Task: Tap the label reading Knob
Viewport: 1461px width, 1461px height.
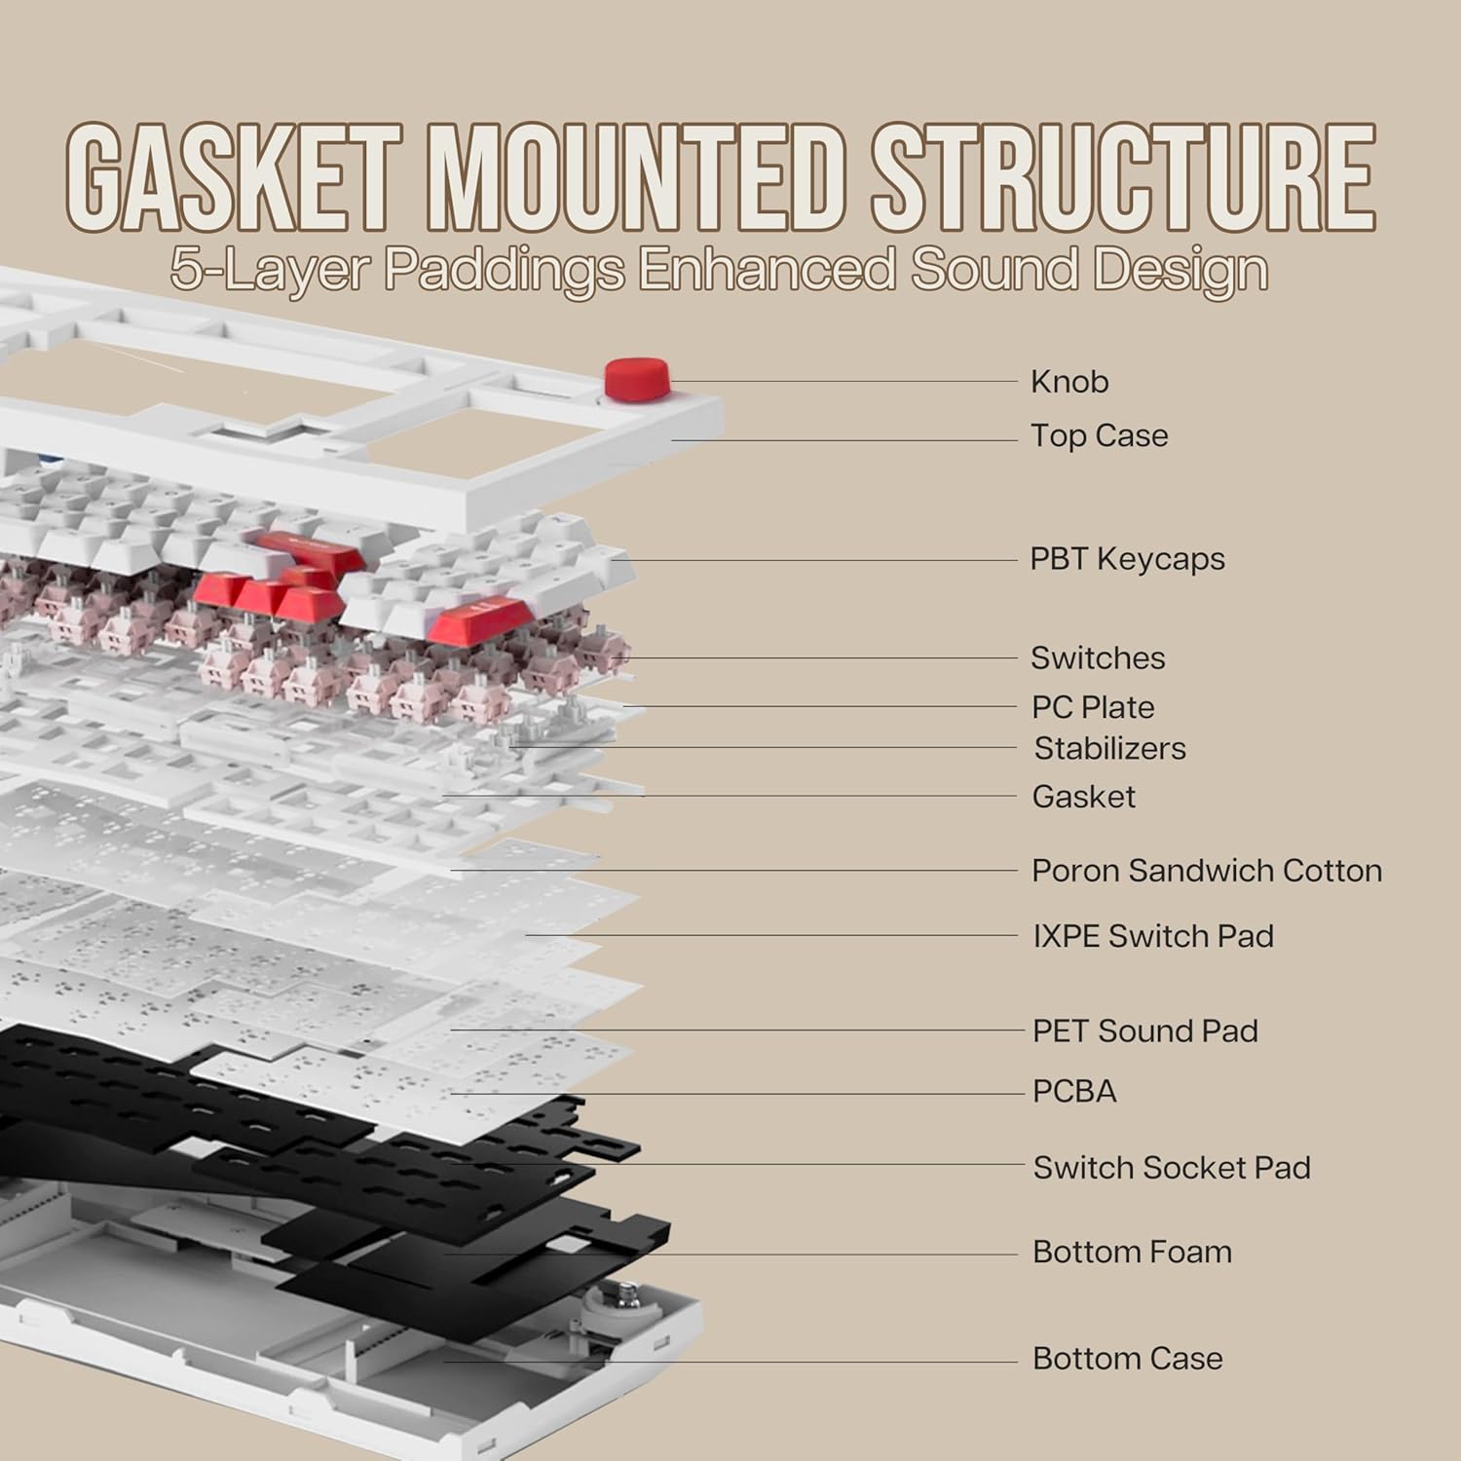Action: pyautogui.click(x=1069, y=382)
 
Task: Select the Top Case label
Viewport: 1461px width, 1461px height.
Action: pyautogui.click(x=1099, y=435)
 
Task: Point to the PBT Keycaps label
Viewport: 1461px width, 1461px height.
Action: pyautogui.click(x=1127, y=559)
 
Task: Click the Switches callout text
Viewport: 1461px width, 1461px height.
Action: pyautogui.click(x=1098, y=657)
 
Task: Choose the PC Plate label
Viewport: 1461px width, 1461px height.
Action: pyautogui.click(x=1093, y=707)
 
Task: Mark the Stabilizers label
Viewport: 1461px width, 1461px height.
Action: pyautogui.click(x=1109, y=748)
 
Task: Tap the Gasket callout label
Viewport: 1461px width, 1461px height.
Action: pyautogui.click(x=1083, y=797)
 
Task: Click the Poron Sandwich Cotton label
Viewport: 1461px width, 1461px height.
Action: pyautogui.click(x=1206, y=870)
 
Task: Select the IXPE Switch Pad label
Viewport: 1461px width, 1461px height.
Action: pyautogui.click(x=1152, y=936)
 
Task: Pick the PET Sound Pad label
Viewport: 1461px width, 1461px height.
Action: pyautogui.click(x=1144, y=1030)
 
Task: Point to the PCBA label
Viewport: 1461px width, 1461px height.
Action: pyautogui.click(x=1074, y=1091)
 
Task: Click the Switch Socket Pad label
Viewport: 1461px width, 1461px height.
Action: pyautogui.click(x=1171, y=1167)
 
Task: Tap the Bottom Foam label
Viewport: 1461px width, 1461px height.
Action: pyautogui.click(x=1132, y=1252)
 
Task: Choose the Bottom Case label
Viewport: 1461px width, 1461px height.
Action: pyautogui.click(x=1127, y=1358)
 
